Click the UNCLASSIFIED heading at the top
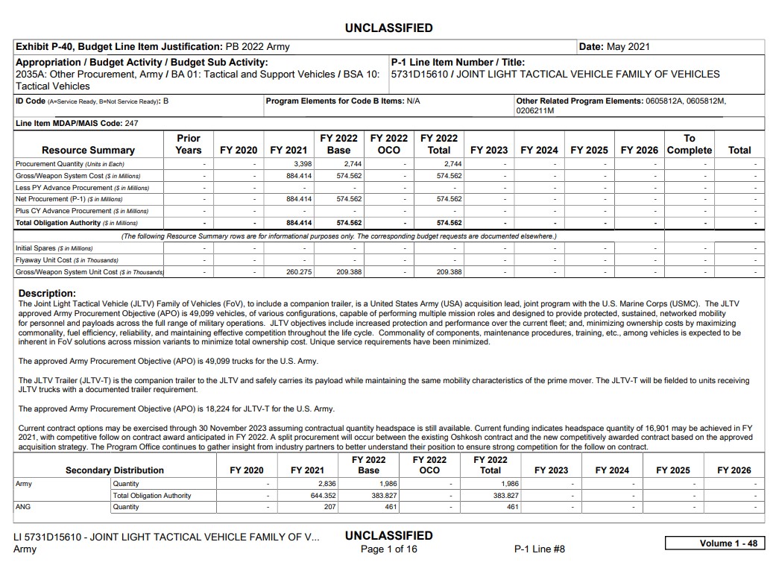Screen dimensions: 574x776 tap(388, 28)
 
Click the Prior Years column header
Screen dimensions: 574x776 tap(189, 144)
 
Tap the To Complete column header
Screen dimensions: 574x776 tap(690, 144)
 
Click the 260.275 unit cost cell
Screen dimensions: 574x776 tap(298, 272)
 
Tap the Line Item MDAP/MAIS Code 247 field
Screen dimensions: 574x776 tap(77, 123)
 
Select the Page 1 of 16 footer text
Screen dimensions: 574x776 tap(388, 549)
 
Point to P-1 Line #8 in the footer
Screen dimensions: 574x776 tap(540, 549)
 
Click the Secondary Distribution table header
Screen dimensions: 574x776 tap(114, 470)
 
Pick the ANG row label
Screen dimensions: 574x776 tap(23, 507)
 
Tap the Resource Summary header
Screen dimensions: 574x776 tap(88, 150)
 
